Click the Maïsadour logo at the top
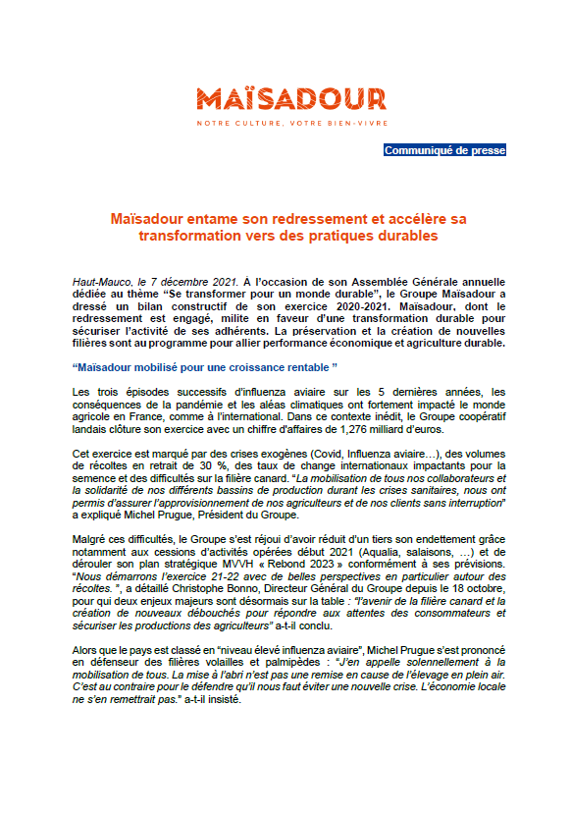290,98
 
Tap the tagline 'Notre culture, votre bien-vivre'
290,123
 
